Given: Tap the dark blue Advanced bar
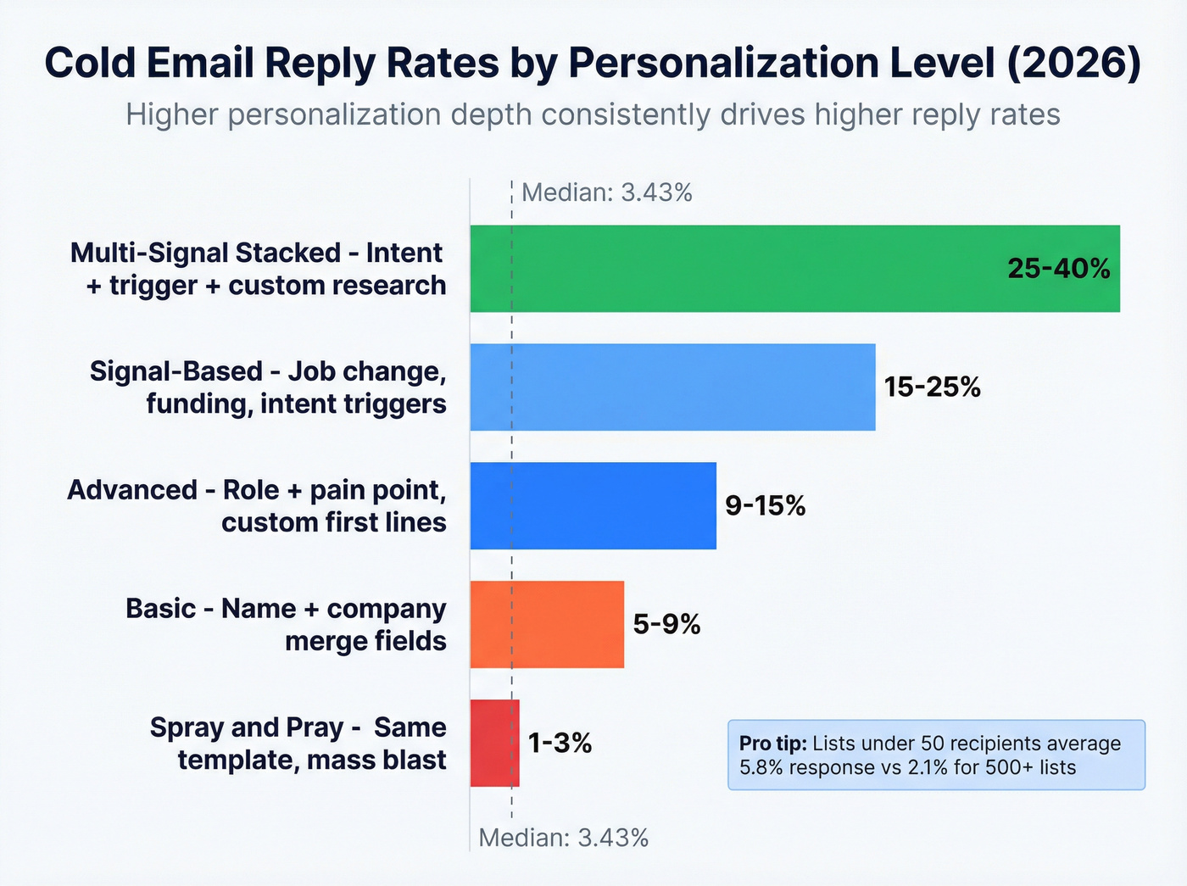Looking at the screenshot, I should pyautogui.click(x=593, y=506).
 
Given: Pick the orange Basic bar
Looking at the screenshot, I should pyautogui.click(x=547, y=625).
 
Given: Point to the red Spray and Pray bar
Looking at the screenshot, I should pyautogui.click(x=494, y=744).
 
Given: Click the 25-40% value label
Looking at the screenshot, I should pyautogui.click(x=1058, y=269).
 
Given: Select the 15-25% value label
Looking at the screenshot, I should pyautogui.click(x=932, y=387).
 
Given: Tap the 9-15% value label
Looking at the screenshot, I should pyautogui.click(x=765, y=506).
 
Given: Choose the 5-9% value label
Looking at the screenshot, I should pyautogui.click(x=666, y=625).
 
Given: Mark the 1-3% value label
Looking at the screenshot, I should pyautogui.click(x=560, y=744).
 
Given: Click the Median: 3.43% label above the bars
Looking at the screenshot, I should pyautogui.click(x=606, y=192).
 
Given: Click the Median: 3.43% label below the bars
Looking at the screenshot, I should pyautogui.click(x=563, y=838).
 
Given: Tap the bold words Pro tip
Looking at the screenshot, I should pyautogui.click(x=772, y=744).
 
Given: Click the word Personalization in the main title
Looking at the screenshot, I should pyautogui.click(x=749, y=64).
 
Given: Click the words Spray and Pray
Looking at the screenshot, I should pyautogui.click(x=246, y=727).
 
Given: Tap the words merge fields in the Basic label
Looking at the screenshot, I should pyautogui.click(x=365, y=641).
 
